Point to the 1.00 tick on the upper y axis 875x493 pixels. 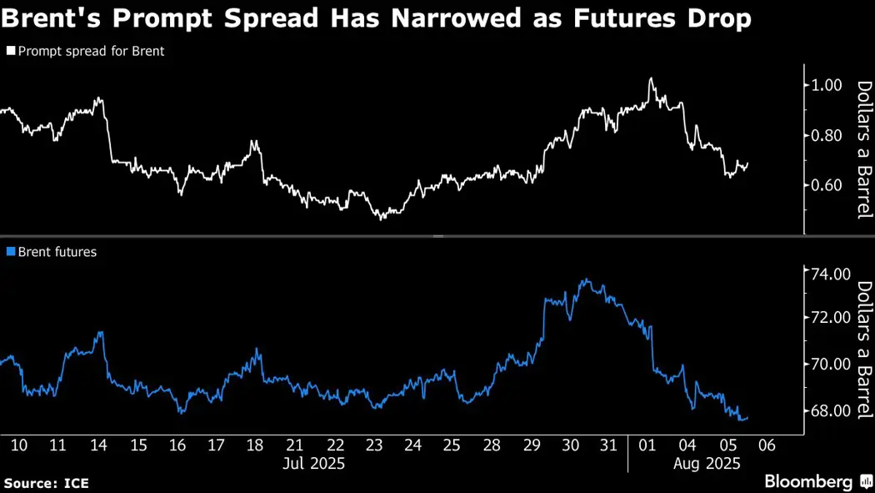(827, 85)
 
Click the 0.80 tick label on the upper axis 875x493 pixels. (827, 135)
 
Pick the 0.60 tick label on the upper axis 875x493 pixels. (827, 184)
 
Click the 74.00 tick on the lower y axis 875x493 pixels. (832, 273)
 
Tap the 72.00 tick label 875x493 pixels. (832, 318)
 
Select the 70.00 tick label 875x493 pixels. (832, 365)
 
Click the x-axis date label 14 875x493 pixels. (98, 445)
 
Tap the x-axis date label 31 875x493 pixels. (609, 445)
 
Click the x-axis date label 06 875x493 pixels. (767, 445)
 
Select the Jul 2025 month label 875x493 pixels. (313, 462)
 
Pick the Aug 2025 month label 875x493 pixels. (707, 462)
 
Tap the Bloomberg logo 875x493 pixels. (815, 481)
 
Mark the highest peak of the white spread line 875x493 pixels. (651, 79)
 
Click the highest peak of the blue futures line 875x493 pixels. (587, 279)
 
